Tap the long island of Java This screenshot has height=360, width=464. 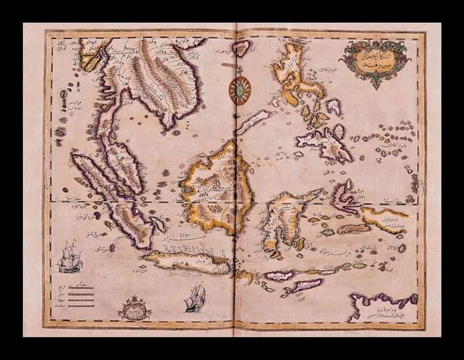click(x=189, y=262)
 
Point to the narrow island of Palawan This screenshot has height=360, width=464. click(x=254, y=121)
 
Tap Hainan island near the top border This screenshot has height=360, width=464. click(x=242, y=47)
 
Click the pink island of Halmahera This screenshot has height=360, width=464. click(x=343, y=194)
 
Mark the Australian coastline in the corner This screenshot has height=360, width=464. click(x=381, y=303)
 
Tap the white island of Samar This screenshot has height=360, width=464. click(x=333, y=106)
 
